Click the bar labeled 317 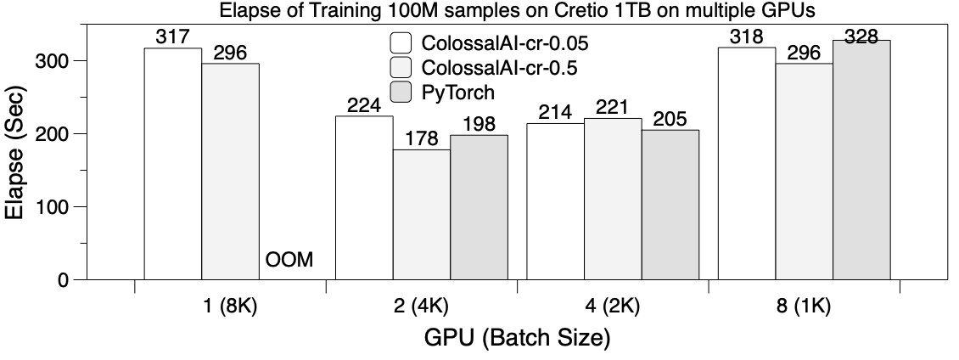[173, 164]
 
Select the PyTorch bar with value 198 [479, 206]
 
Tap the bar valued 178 [422, 214]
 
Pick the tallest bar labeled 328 [861, 160]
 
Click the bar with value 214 [556, 201]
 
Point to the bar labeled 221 [613, 199]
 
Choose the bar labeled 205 [670, 205]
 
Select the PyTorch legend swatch [401, 90]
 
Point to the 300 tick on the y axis [70, 61]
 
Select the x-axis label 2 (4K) [422, 307]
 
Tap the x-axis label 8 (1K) [804, 307]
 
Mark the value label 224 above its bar [364, 105]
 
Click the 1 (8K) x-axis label [231, 307]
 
